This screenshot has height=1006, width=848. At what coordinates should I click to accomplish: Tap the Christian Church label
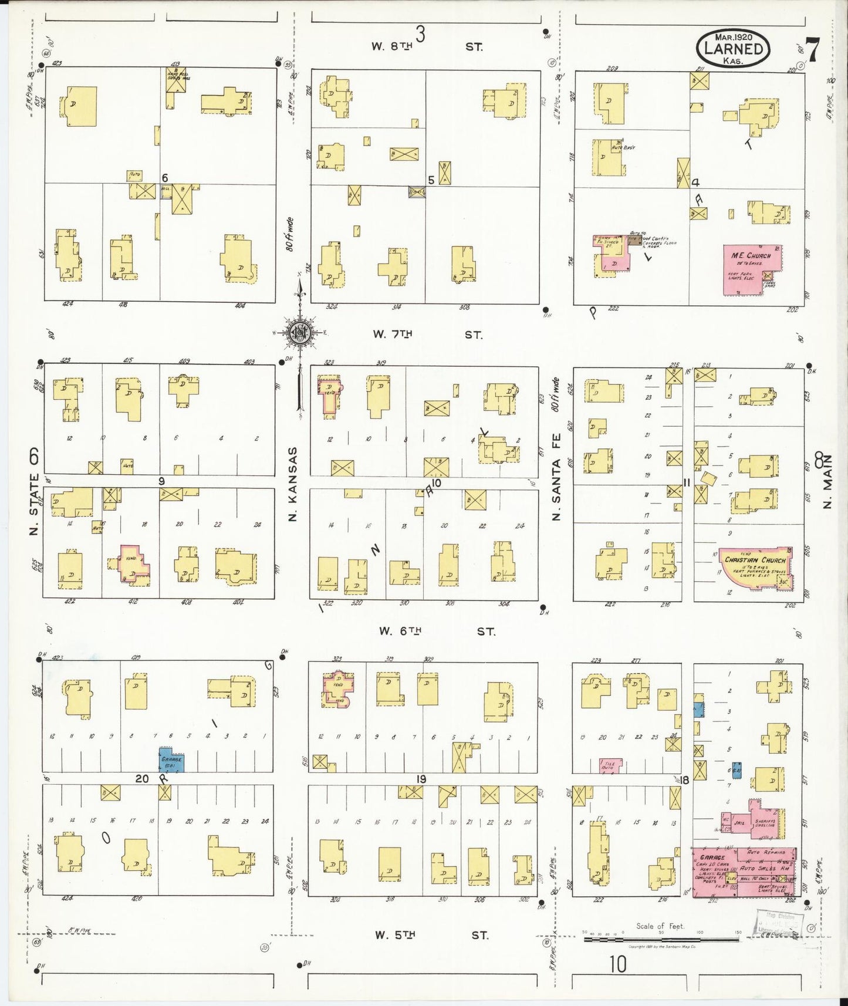[x=755, y=560]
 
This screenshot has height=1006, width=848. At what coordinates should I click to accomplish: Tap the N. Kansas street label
[x=293, y=484]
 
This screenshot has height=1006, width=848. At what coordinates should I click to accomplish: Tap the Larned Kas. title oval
[x=733, y=49]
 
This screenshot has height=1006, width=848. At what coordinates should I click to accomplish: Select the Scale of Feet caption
[x=660, y=926]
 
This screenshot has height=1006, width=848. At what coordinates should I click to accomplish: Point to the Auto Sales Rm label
[x=758, y=867]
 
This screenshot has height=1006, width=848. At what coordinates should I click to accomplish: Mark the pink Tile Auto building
[x=610, y=765]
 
